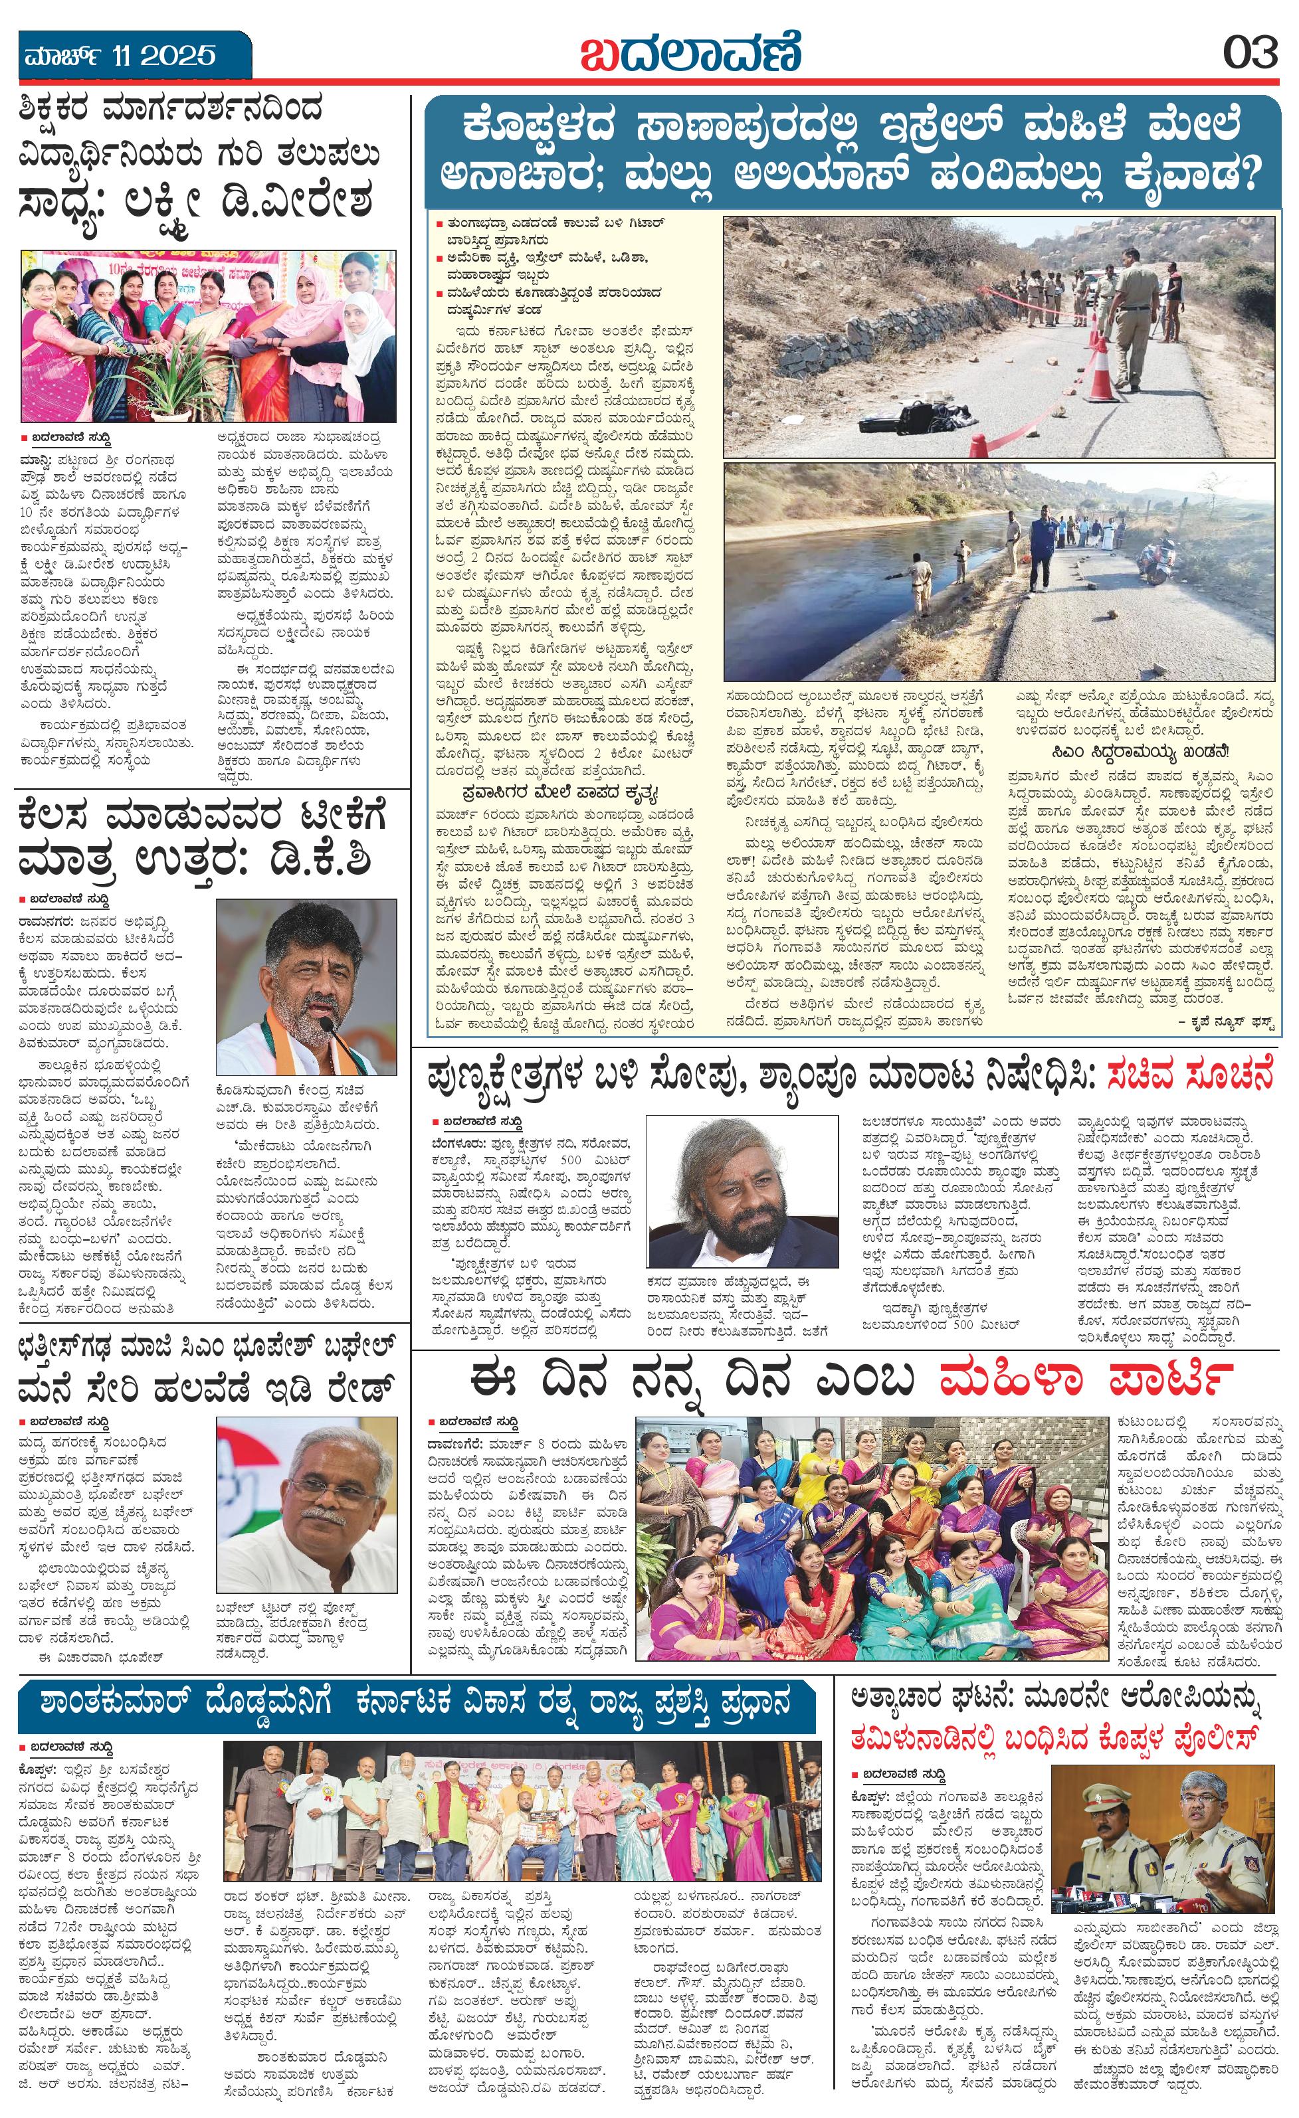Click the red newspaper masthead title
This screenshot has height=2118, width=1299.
click(690, 52)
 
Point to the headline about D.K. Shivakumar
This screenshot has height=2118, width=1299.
click(201, 838)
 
